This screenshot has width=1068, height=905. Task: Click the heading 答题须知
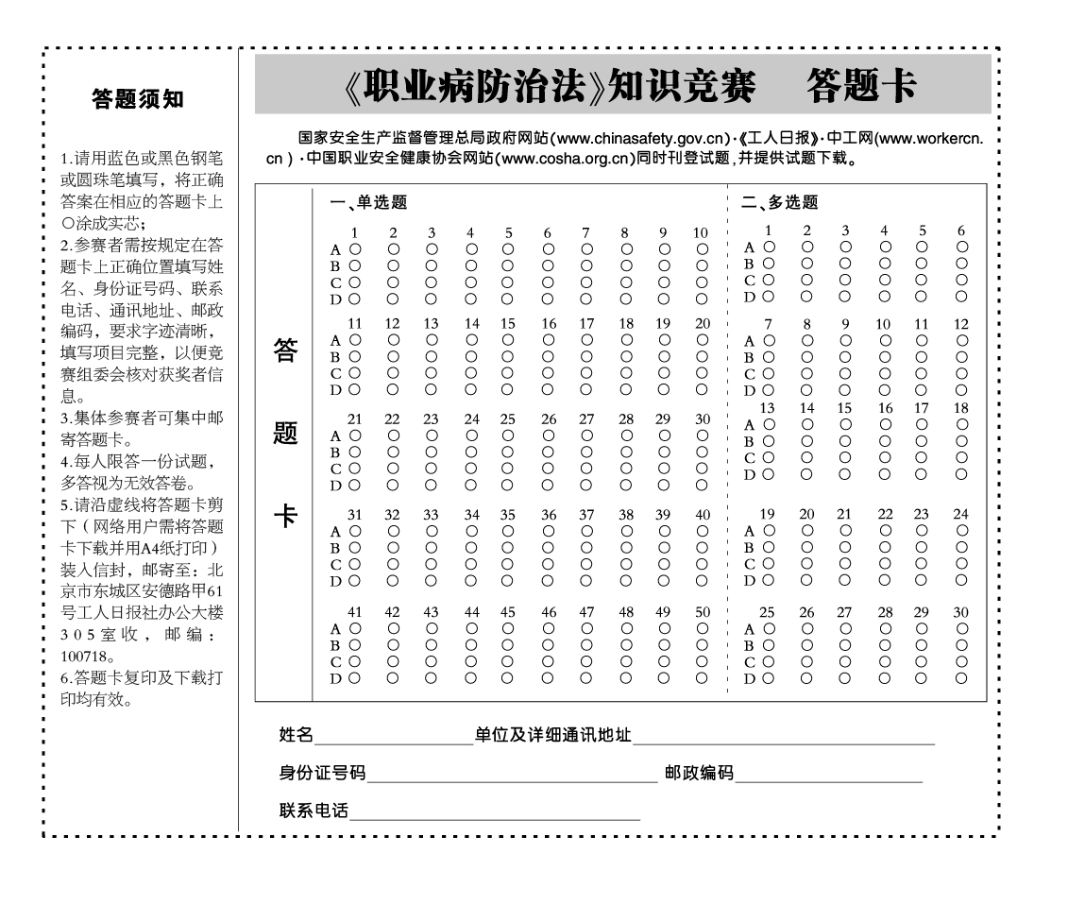tap(138, 99)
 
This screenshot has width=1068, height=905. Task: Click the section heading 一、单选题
tap(368, 202)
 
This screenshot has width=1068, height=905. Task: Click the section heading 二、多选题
tap(779, 202)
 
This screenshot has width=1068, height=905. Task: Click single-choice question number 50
tap(703, 612)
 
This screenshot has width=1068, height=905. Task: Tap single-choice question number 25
tap(508, 419)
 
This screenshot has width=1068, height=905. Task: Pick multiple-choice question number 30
tap(960, 612)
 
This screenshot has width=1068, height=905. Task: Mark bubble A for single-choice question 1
tap(355, 248)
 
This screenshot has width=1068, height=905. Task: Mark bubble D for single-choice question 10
tap(702, 299)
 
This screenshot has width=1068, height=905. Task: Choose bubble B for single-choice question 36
tap(548, 548)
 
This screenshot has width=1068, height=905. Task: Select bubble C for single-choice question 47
tap(586, 661)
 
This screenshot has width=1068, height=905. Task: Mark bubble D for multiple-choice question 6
tap(961, 297)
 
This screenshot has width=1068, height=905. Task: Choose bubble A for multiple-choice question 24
tap(961, 530)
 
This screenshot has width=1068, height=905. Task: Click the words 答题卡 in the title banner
tap(861, 86)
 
